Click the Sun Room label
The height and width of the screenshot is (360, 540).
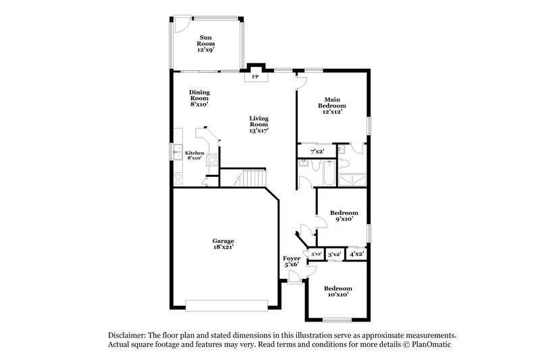pos(205,43)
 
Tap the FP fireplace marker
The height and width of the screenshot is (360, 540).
pos(255,77)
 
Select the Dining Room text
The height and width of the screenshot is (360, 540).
pos(200,99)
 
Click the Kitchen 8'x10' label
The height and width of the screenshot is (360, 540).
pos(194,155)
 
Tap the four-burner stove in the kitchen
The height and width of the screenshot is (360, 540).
pos(211,160)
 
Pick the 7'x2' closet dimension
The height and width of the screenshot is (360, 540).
pos(317,151)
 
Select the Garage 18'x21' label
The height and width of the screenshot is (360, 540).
pos(223,245)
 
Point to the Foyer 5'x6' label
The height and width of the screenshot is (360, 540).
pos(292,261)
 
